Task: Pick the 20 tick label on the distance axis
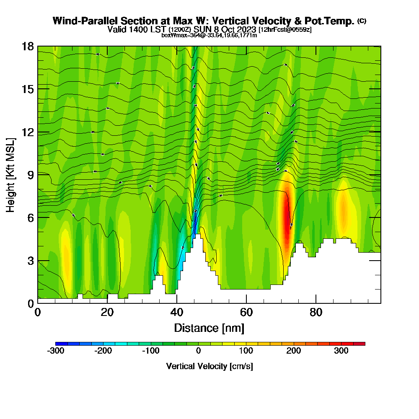(x=107, y=313)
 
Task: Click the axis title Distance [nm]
(x=209, y=328)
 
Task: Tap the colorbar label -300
(x=56, y=351)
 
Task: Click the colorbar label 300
(x=341, y=351)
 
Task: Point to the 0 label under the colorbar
(x=199, y=351)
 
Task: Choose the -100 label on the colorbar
(x=150, y=351)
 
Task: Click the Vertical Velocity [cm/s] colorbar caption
(x=209, y=366)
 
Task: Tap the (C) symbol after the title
(x=362, y=21)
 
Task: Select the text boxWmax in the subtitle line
(x=172, y=36)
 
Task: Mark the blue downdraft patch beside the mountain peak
(x=194, y=226)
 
